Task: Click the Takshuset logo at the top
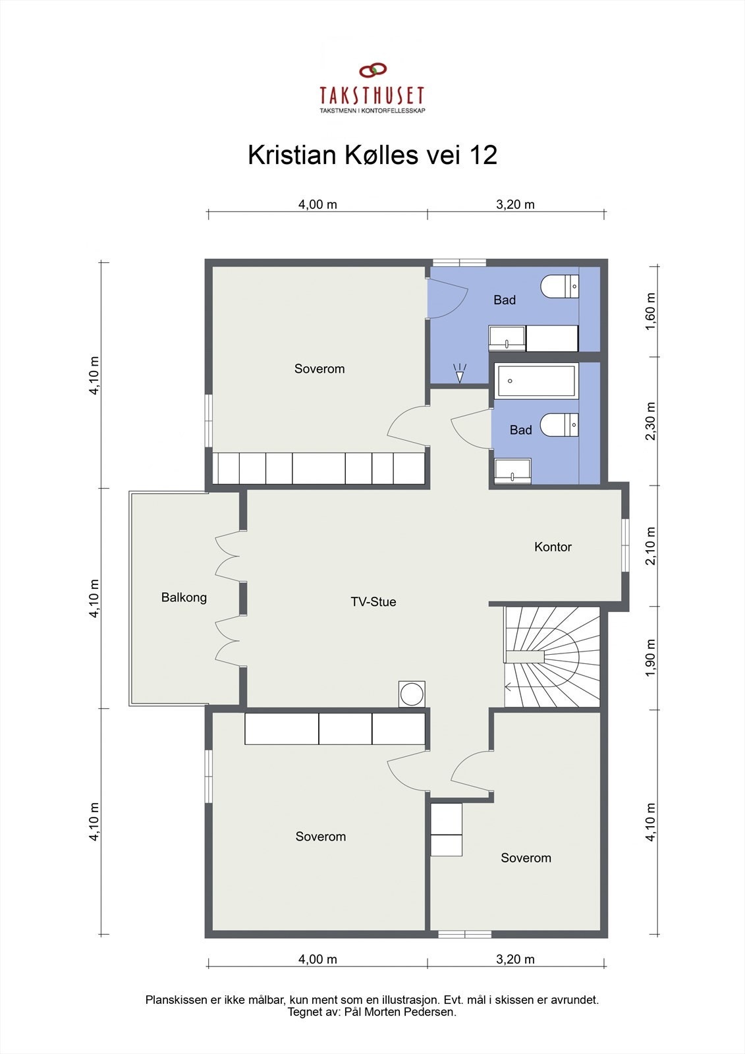click(x=372, y=89)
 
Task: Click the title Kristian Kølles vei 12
click(x=372, y=155)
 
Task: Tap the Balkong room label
click(x=184, y=597)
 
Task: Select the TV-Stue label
click(x=373, y=601)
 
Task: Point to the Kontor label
click(x=553, y=547)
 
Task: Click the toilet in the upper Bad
click(x=559, y=287)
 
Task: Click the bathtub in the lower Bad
click(x=537, y=381)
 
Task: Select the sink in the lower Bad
click(x=512, y=471)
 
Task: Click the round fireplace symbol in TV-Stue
click(x=412, y=695)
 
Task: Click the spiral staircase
click(x=552, y=657)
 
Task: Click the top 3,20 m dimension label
click(x=515, y=204)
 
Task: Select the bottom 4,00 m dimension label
click(x=317, y=959)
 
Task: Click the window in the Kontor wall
click(x=625, y=543)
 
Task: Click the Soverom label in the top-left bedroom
click(x=319, y=369)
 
